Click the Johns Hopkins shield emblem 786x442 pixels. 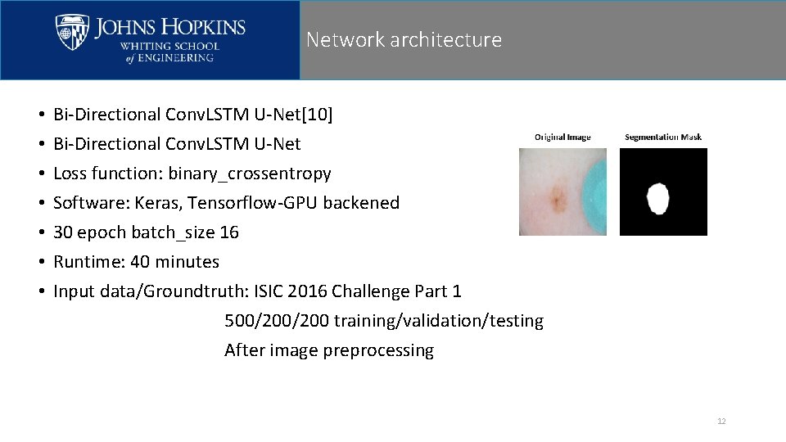tap(72, 33)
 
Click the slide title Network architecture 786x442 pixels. tap(404, 39)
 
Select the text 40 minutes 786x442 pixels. tap(174, 262)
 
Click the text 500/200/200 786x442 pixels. tap(277, 321)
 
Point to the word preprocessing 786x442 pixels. tap(378, 350)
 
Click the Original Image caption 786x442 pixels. tap(562, 137)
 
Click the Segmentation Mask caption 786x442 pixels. tap(663, 137)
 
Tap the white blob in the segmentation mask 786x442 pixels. tap(657, 199)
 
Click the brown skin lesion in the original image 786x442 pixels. tap(559, 197)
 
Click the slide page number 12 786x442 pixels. tap(721, 422)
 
